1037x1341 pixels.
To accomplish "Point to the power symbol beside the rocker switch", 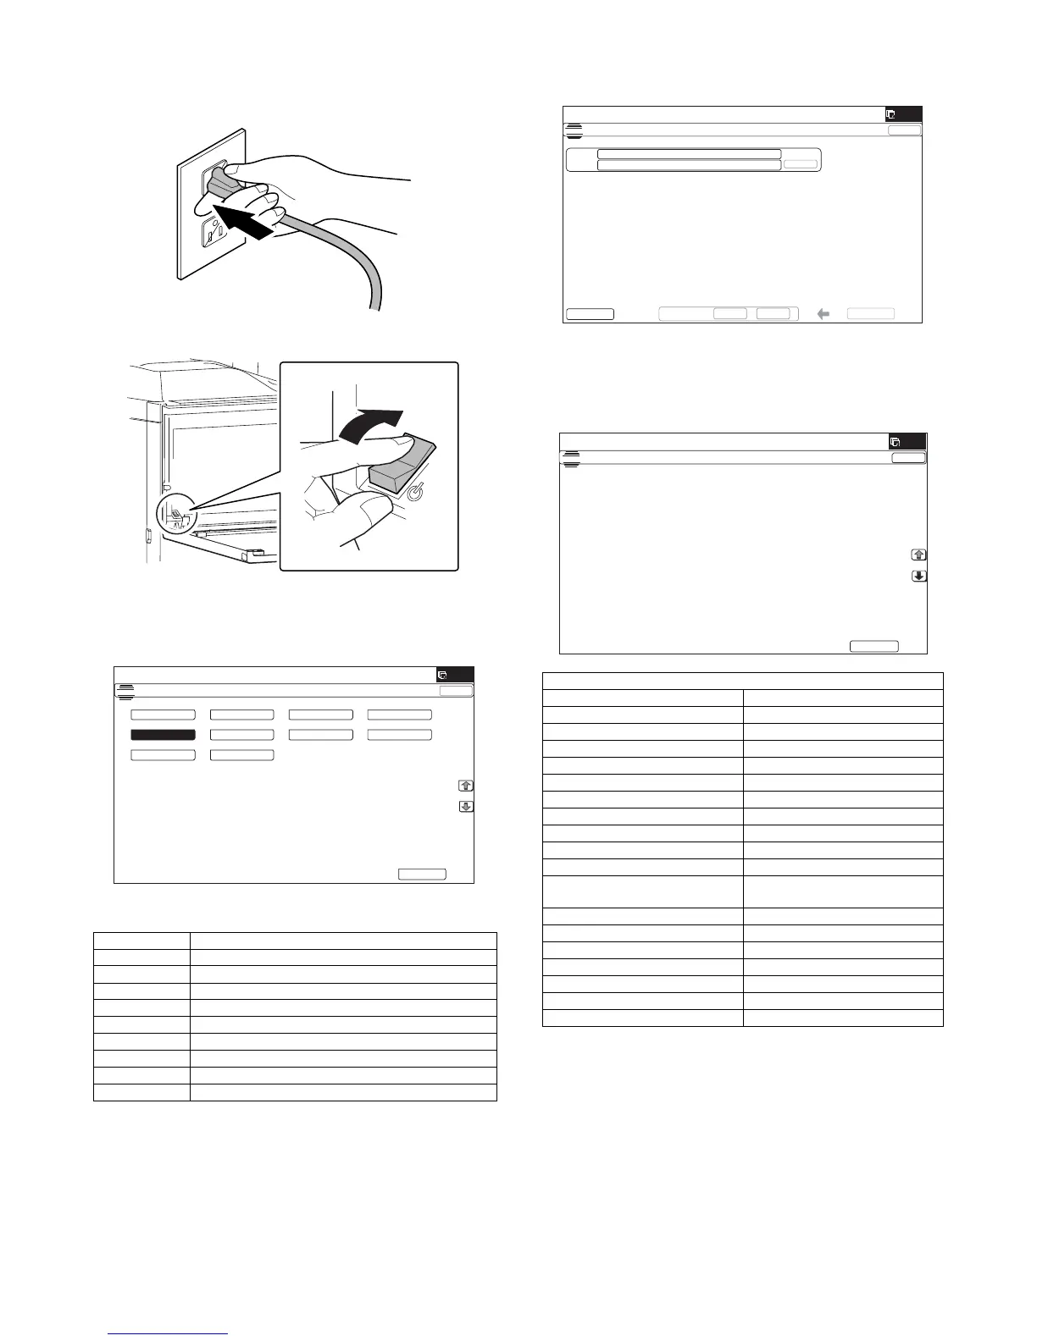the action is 416,492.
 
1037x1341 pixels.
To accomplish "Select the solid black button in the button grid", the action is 163,735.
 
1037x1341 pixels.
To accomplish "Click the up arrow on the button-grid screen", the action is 466,786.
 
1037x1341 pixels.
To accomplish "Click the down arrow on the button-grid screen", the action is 466,807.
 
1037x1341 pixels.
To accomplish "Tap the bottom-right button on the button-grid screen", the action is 422,874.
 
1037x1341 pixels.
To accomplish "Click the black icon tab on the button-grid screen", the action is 455,675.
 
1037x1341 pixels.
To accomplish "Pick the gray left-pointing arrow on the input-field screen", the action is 823,314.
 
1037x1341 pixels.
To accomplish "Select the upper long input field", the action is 689,154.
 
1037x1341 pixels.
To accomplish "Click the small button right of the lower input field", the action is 800,164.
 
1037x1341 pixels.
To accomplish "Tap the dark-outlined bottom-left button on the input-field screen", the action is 590,314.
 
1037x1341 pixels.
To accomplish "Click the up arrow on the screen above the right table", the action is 918,555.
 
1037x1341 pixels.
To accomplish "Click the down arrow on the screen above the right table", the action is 918,577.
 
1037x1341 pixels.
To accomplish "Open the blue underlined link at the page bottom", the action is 169,1334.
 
